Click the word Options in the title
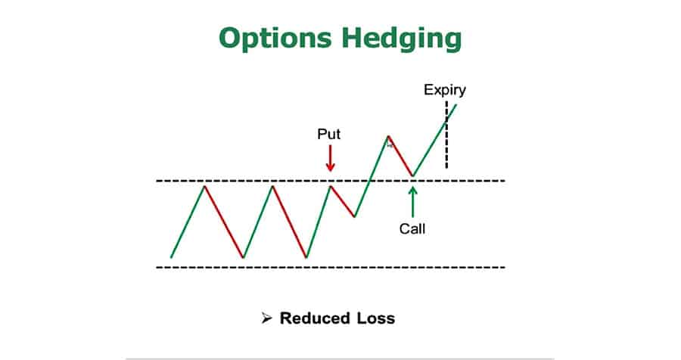tap(275, 39)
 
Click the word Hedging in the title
tap(401, 39)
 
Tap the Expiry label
tap(445, 91)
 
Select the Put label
tap(329, 134)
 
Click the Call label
tap(412, 229)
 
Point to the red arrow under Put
tap(331, 158)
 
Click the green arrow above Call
tap(412, 202)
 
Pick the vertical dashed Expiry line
tap(446, 135)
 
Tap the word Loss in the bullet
tap(376, 318)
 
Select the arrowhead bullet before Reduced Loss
tap(266, 318)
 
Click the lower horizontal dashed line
tap(331, 267)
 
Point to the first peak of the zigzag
tap(204, 186)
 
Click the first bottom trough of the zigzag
tap(243, 257)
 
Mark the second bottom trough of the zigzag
tap(306, 257)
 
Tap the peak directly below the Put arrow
tap(331, 186)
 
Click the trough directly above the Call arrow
tap(412, 176)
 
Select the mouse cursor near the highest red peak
tap(390, 144)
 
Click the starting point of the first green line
tap(171, 257)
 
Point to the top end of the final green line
tap(456, 104)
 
